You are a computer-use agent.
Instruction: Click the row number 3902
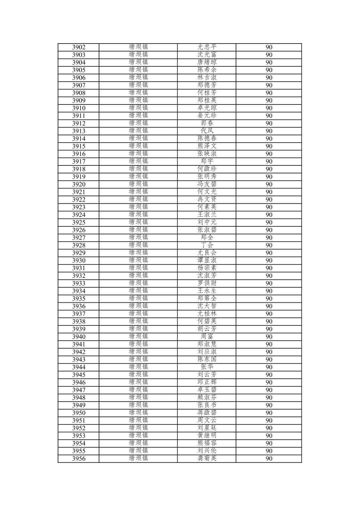(79, 47)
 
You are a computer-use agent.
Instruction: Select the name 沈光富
(207, 55)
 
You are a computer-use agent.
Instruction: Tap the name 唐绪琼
(207, 62)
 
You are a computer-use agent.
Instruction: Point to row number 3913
(79, 131)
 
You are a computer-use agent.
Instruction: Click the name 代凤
(207, 131)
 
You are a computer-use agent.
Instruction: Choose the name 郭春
(207, 123)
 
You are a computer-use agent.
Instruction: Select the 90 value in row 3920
(269, 185)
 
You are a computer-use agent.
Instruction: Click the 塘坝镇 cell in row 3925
(138, 222)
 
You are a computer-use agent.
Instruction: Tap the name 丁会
(207, 245)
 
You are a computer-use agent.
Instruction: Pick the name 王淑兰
(207, 215)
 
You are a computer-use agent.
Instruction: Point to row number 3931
(79, 268)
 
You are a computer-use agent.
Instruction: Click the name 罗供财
(207, 283)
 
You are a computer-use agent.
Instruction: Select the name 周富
(207, 337)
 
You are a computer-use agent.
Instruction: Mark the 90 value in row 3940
(269, 337)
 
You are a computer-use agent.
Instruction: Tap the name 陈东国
(207, 359)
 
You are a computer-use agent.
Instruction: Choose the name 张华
(207, 367)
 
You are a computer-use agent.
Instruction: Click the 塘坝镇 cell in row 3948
(138, 397)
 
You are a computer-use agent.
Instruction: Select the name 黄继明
(207, 436)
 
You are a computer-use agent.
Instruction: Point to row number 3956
(79, 459)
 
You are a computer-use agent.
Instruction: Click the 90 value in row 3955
(269, 451)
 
